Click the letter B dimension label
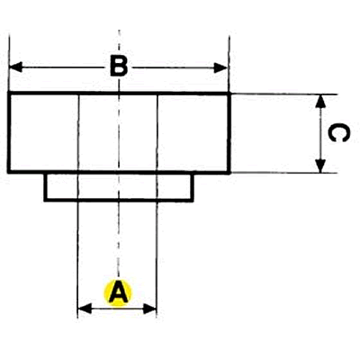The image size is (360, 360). [119, 66]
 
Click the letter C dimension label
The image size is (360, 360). [338, 133]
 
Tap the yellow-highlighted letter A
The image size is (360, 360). [118, 292]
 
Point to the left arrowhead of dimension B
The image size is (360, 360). [16, 67]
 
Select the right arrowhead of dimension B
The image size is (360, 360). [220, 68]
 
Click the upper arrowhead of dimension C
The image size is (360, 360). [321, 102]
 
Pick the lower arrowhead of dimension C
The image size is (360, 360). [320, 166]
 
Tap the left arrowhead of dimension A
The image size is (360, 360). [85, 309]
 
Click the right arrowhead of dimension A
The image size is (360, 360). [149, 309]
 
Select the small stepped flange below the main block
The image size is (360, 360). [119, 187]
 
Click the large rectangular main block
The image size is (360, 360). [119, 133]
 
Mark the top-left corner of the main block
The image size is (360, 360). [9, 94]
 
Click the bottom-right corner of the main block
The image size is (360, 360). [229, 172]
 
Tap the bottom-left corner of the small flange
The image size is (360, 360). [45, 200]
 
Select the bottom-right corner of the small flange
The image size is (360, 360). [193, 200]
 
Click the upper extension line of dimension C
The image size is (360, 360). [284, 94]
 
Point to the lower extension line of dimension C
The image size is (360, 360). [284, 173]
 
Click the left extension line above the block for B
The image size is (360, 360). [9, 64]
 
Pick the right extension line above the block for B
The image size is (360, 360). [229, 64]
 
